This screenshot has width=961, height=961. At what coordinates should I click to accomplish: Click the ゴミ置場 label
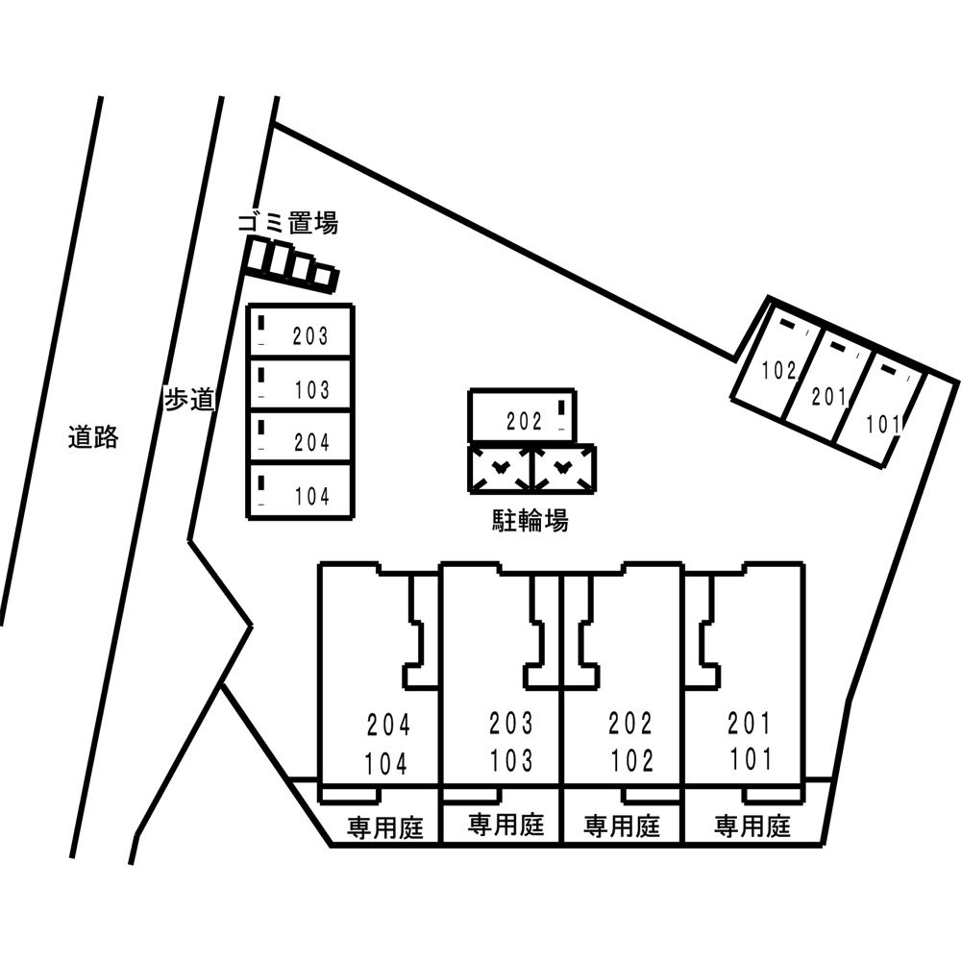[x=287, y=224]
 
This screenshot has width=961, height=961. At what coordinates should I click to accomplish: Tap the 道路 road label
[x=93, y=437]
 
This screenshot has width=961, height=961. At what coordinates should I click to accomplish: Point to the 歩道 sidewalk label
[x=187, y=400]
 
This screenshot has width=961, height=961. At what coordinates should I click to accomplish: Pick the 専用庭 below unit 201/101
[x=752, y=825]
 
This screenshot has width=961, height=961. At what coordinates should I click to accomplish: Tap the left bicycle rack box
[x=500, y=469]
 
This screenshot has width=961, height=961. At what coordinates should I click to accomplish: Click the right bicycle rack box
[x=563, y=469]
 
